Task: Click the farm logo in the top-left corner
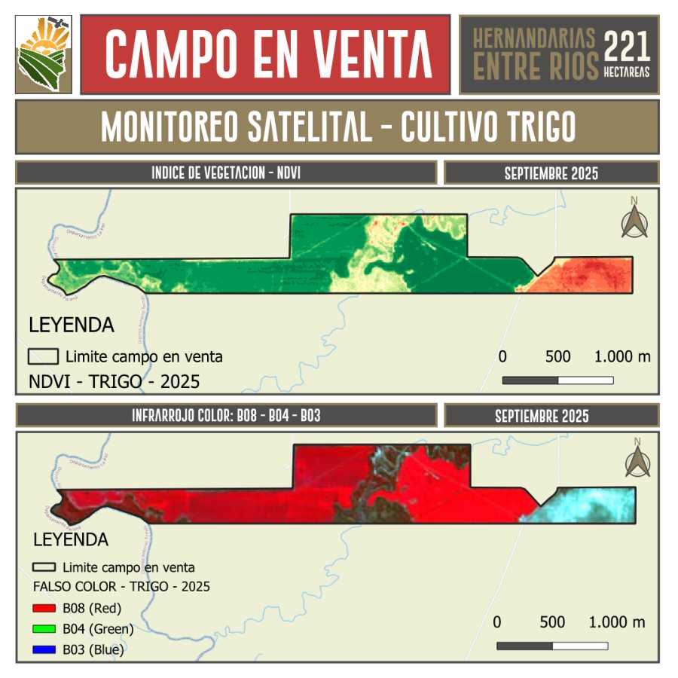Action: [44, 54]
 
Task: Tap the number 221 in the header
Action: [627, 47]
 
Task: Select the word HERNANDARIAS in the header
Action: [534, 38]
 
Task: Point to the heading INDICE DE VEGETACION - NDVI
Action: [226, 173]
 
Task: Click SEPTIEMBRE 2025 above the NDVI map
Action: [551, 173]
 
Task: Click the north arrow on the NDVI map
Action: [634, 218]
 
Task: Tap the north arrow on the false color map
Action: [637, 459]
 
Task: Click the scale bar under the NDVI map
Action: [557, 380]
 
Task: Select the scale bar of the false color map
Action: [552, 646]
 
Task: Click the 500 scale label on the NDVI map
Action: [557, 356]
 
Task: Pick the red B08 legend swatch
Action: [44, 608]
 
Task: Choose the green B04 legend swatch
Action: [44, 628]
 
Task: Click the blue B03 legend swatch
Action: [44, 649]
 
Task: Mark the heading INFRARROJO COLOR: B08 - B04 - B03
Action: [226, 416]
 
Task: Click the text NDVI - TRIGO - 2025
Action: [114, 382]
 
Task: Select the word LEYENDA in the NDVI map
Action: [71, 325]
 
